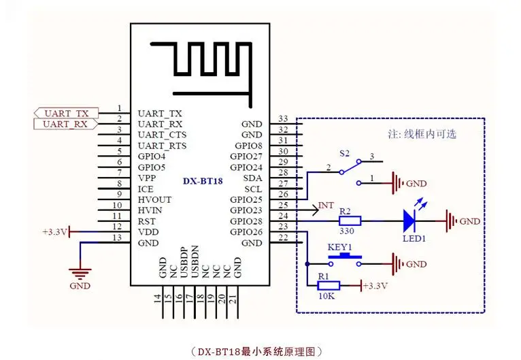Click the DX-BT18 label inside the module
click(x=203, y=181)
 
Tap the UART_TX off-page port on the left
click(x=66, y=113)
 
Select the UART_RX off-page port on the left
click(x=66, y=124)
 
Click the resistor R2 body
click(x=350, y=220)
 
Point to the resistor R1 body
click(x=329, y=286)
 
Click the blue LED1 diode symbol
click(x=409, y=220)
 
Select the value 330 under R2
click(x=347, y=231)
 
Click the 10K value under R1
click(x=326, y=296)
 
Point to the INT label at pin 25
click(x=326, y=206)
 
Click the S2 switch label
click(x=345, y=153)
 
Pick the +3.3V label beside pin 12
click(x=55, y=231)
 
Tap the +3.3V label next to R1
click(x=375, y=286)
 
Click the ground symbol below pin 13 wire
click(x=80, y=274)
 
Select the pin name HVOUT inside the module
click(x=155, y=200)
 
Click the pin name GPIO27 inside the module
click(x=246, y=157)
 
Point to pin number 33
click(x=283, y=118)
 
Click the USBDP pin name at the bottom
click(x=184, y=262)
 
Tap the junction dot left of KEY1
click(x=307, y=264)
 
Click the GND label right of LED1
click(x=470, y=221)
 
